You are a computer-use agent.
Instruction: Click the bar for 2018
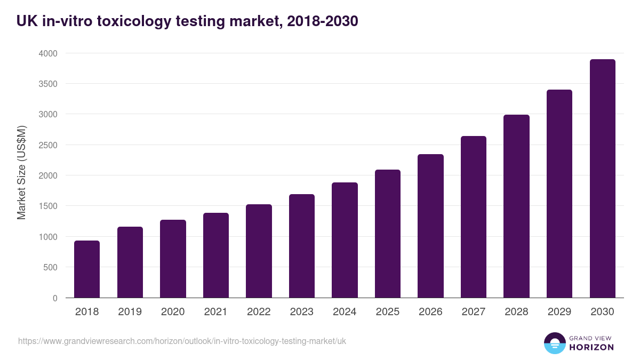coord(87,269)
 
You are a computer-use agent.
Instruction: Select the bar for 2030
coord(602,179)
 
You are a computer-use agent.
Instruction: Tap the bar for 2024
coord(345,240)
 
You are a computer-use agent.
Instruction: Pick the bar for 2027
coord(474,217)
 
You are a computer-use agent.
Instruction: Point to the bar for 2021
coord(216,255)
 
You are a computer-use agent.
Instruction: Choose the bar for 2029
coord(559,194)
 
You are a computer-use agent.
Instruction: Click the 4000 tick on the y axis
coord(47,53)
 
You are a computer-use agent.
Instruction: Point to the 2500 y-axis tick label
coord(47,145)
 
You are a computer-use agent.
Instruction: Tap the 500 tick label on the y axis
coord(50,267)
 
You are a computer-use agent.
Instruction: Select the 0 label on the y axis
coord(55,298)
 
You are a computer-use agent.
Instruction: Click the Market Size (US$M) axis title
coord(21,172)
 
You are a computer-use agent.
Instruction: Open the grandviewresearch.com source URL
coord(182,341)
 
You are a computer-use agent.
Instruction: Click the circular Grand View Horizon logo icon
coord(554,343)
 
